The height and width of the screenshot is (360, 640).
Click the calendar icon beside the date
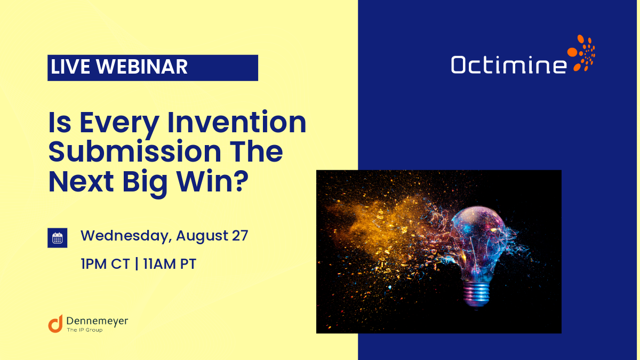click(x=58, y=238)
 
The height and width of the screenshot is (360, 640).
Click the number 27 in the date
click(x=239, y=235)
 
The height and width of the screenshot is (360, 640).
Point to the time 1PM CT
click(x=105, y=263)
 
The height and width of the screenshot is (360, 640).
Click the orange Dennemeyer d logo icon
click(x=55, y=323)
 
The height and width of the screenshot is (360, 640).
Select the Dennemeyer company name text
click(x=98, y=321)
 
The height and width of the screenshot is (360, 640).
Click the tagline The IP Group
click(x=84, y=330)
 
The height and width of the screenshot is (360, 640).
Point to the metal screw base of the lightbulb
click(x=476, y=294)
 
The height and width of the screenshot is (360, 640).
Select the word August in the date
click(x=199, y=236)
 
